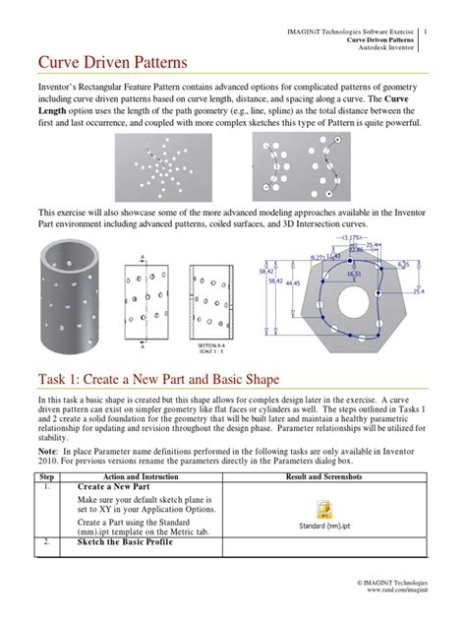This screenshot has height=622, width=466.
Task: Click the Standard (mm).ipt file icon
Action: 323,513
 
